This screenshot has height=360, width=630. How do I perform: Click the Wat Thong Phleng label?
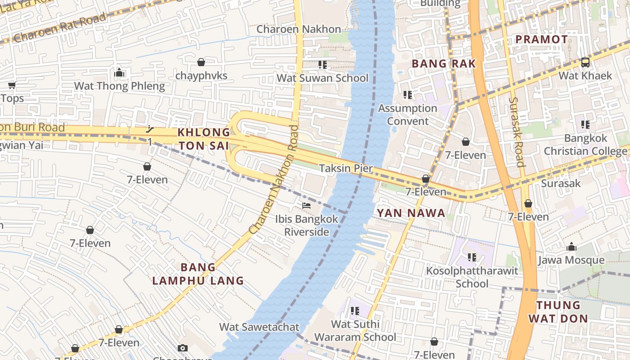click(x=119, y=86)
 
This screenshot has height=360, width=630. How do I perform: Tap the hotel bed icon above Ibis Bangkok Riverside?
click(x=306, y=206)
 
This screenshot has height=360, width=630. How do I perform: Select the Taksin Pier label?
click(x=346, y=168)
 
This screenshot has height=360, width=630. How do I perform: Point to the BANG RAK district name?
click(x=444, y=64)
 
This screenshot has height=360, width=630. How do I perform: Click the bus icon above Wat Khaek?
click(x=585, y=63)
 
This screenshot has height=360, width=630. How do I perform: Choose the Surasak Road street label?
click(x=517, y=132)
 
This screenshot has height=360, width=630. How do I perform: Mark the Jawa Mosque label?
click(x=571, y=260)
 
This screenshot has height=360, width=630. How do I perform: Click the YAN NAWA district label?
click(x=411, y=213)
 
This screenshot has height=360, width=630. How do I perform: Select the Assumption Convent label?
click(x=408, y=115)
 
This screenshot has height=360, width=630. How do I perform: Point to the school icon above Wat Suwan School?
click(x=322, y=65)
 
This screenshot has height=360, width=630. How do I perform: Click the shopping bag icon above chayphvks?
click(x=201, y=62)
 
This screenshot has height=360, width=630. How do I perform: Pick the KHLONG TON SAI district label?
click(x=204, y=139)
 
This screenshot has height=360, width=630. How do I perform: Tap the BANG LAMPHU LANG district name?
click(x=198, y=274)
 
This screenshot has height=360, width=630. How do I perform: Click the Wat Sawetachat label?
click(x=259, y=327)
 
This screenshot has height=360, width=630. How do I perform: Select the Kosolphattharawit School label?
click(x=472, y=277)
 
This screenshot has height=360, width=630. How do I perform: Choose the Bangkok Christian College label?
click(x=585, y=144)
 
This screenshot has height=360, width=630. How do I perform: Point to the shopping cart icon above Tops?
click(x=12, y=85)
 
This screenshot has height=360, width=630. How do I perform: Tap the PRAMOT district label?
click(x=542, y=40)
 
